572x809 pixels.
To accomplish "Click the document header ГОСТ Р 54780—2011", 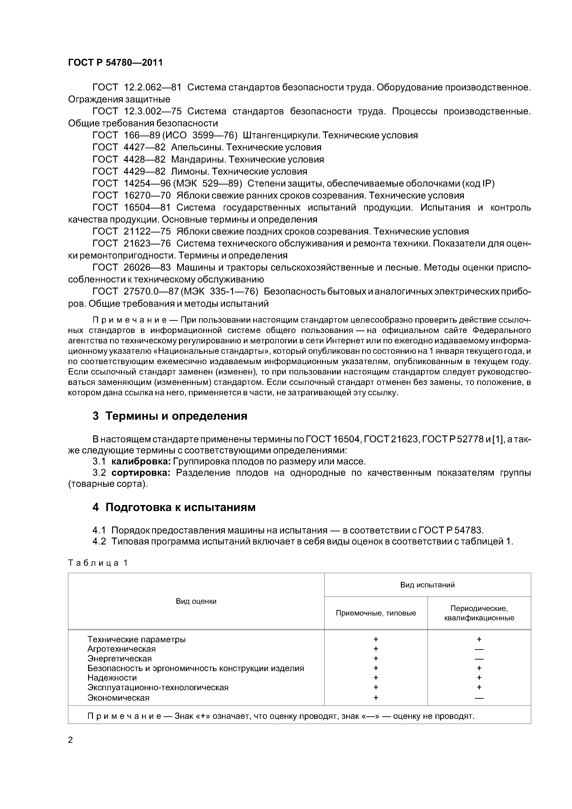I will pyautogui.click(x=115, y=63).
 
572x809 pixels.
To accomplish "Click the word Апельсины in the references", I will pyautogui.click(x=198, y=147).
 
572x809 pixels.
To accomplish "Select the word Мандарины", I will pyautogui.click(x=199, y=159).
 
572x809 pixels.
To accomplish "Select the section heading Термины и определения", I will pyautogui.click(x=176, y=416).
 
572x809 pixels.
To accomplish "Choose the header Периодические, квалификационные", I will pyautogui.click(x=479, y=613).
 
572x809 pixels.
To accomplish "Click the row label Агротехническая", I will pyautogui.click(x=121, y=649).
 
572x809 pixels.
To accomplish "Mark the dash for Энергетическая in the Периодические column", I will pyautogui.click(x=479, y=659).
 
